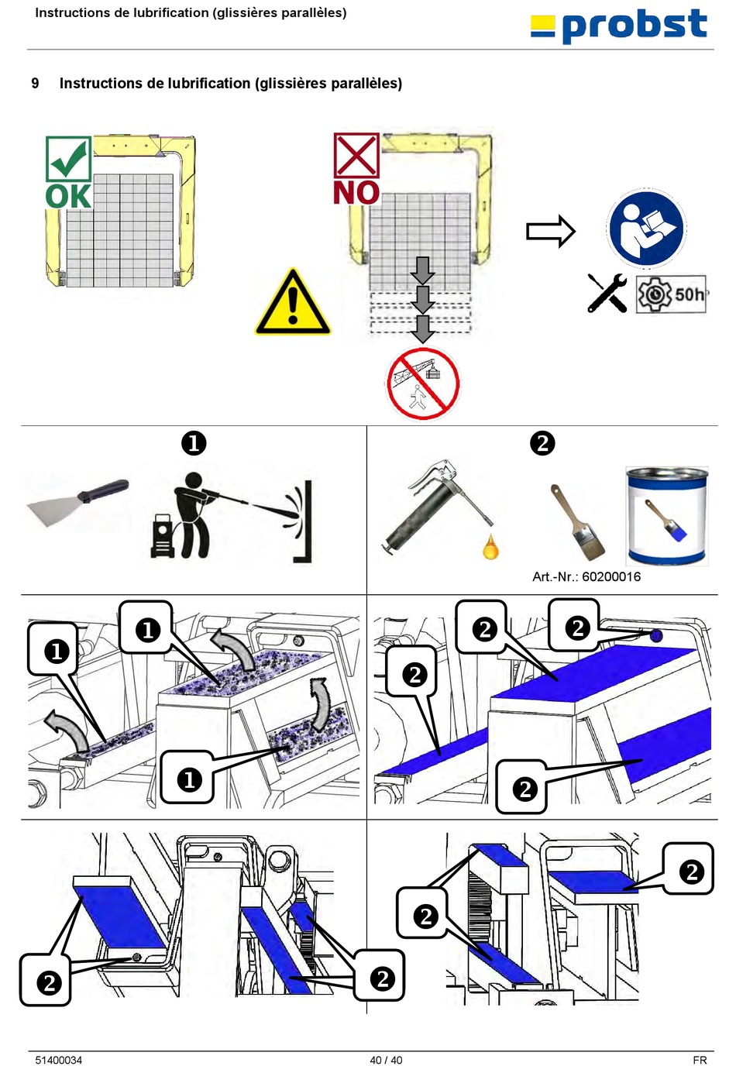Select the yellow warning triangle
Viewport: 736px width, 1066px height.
click(293, 304)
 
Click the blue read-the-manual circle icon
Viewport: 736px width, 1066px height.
click(646, 229)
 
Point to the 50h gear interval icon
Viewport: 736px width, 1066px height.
click(671, 294)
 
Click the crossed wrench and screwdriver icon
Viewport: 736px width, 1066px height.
click(607, 294)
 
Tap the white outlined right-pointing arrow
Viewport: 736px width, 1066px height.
click(550, 231)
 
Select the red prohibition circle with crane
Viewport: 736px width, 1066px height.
click(422, 383)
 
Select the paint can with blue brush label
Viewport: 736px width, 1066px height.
click(667, 516)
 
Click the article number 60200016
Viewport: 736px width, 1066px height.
click(586, 576)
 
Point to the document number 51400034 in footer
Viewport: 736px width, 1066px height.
click(58, 1060)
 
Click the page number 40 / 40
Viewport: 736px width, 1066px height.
click(386, 1060)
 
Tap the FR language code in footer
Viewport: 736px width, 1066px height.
click(700, 1060)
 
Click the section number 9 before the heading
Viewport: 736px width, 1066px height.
click(35, 83)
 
